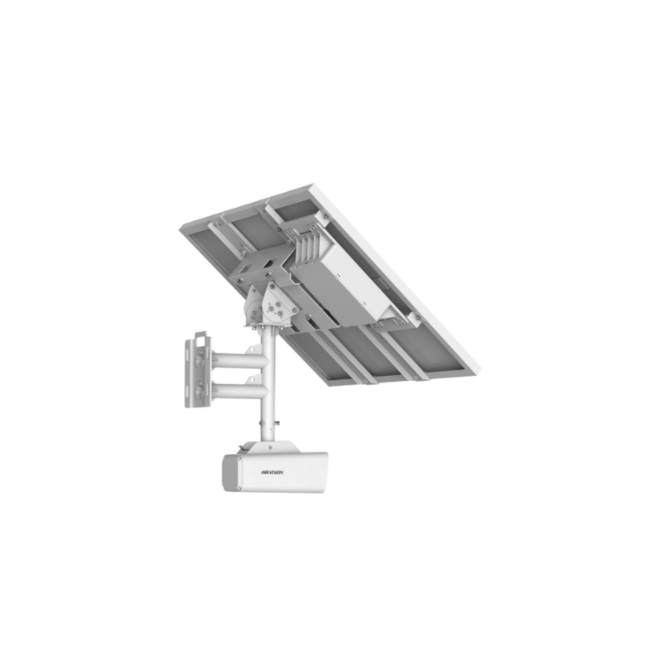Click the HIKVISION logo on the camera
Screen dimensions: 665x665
(x=273, y=472)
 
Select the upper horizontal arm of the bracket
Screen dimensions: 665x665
(x=239, y=362)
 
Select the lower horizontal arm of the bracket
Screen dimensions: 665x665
(x=239, y=390)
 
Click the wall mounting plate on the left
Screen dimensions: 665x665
(x=197, y=371)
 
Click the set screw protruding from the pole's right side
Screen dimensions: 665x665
(x=277, y=422)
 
